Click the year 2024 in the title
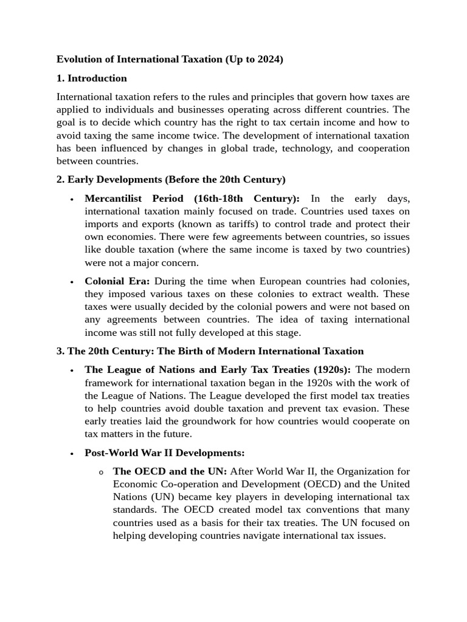pos(267,60)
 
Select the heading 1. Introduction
pos(92,78)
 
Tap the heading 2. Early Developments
pos(171,179)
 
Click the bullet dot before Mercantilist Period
pos(72,199)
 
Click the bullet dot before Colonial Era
pos(72,282)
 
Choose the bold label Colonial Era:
pos(117,281)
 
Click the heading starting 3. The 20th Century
pos(210,350)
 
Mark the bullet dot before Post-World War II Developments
pos(72,453)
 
